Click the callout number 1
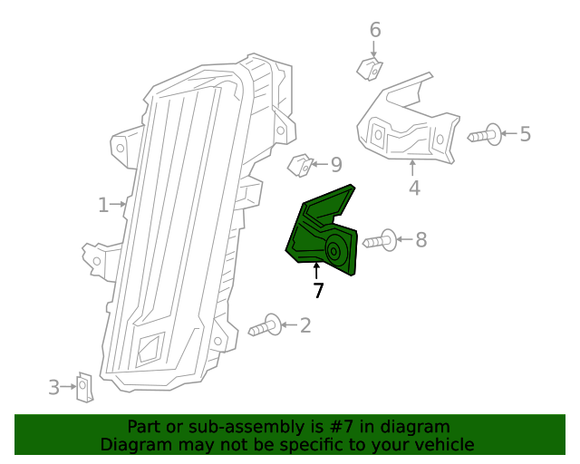coord(103,205)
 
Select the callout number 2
coord(304,324)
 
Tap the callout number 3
coord(54,388)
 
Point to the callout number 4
coord(414,188)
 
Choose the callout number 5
coord(525,135)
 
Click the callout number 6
coord(375,31)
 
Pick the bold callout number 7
coord(317,291)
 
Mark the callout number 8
coord(420,240)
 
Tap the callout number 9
coord(335,165)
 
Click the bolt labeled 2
coord(266,326)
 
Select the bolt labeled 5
coord(486,135)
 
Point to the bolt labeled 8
coord(380,241)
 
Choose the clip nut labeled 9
coord(300,166)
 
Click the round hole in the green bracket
coord(334,251)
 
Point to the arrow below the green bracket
coord(317,271)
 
